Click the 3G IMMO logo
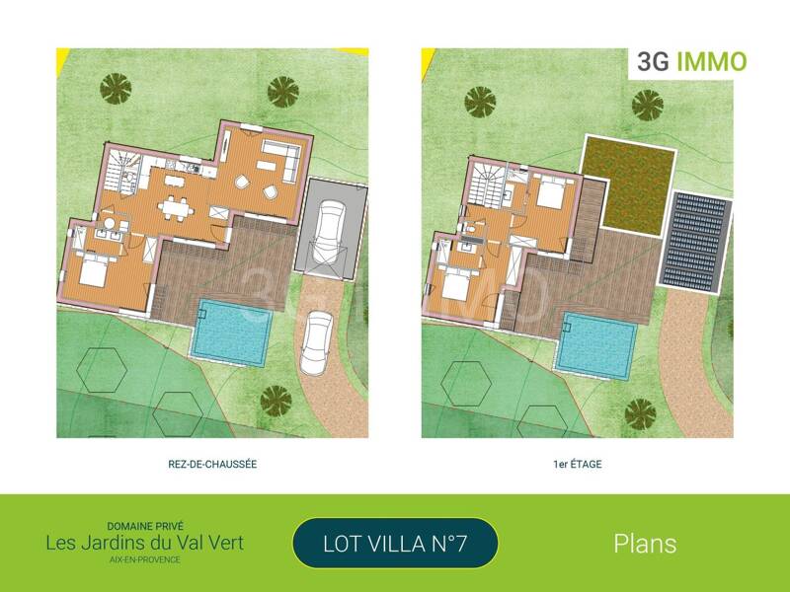coord(688,62)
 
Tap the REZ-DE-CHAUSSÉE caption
coord(212,463)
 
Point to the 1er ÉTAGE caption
coord(577,463)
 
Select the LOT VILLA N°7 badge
coord(395,543)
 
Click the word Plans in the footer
coord(645,543)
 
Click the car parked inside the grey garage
coord(328,231)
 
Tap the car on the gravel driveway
coord(319,338)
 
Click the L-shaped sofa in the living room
coord(280,157)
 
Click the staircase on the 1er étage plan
coord(485,185)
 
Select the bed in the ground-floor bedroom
coord(93,271)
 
